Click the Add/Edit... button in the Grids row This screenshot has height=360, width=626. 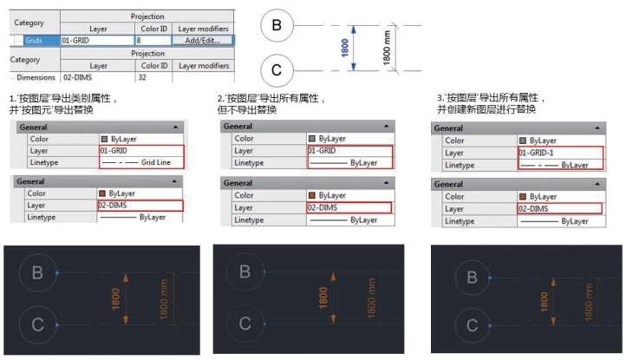pyautogui.click(x=203, y=40)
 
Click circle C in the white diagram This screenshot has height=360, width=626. pyautogui.click(x=276, y=69)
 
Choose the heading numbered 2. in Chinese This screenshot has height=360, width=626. pyautogui.click(x=271, y=104)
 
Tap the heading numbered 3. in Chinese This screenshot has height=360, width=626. pyautogui.click(x=489, y=103)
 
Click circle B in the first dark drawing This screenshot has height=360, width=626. pyautogui.click(x=37, y=272)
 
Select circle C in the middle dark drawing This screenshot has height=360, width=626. pyautogui.click(x=245, y=324)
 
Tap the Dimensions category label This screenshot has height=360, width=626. pyautogui.click(x=35, y=78)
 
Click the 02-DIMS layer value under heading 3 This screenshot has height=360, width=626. pyautogui.click(x=536, y=209)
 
